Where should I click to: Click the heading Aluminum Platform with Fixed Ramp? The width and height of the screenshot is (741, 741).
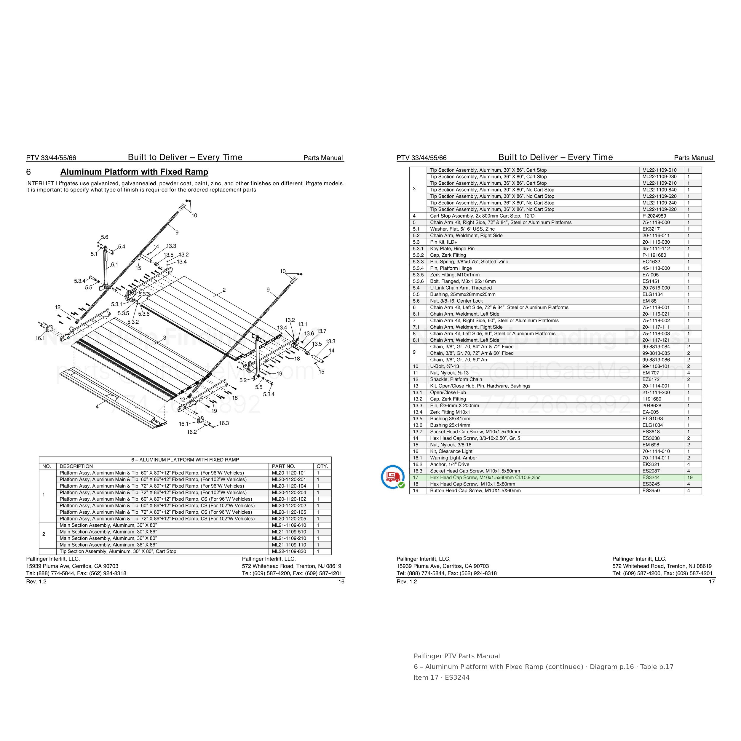point(134,172)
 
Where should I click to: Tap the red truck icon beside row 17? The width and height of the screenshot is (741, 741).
point(393,477)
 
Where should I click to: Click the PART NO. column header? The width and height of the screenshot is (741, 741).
point(283,466)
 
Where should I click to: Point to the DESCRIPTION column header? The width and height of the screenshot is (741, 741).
point(76,466)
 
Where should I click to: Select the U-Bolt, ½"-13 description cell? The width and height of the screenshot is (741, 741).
point(445,366)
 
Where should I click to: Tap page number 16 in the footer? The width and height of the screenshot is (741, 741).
point(341,582)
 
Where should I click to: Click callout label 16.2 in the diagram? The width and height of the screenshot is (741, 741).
point(192,432)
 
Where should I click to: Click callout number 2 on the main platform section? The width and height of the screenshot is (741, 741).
point(224,290)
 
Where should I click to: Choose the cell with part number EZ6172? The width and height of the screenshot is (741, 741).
point(651,379)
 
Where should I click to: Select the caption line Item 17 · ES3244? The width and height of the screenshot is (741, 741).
point(441,677)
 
